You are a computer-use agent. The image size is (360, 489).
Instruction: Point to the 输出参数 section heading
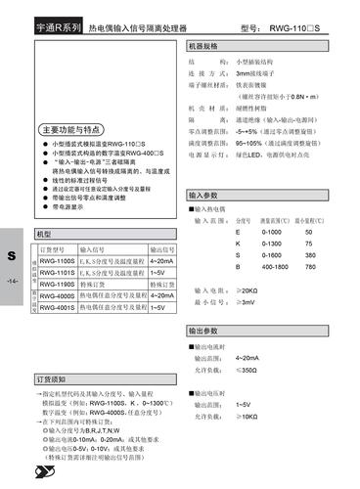coord(205,332)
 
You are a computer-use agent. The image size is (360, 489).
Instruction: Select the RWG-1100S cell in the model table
coord(58,261)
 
